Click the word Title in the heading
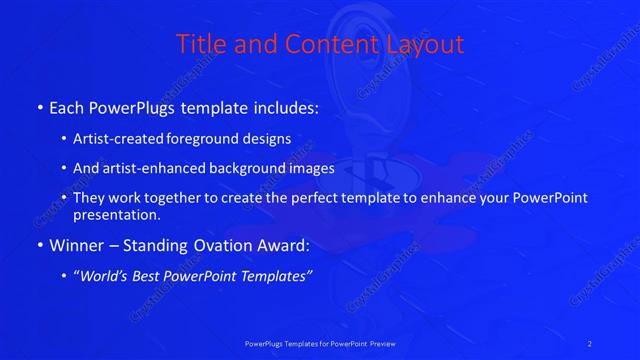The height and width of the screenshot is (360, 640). click(x=200, y=45)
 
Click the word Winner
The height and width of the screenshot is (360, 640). click(x=78, y=245)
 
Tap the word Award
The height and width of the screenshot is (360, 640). click(x=287, y=245)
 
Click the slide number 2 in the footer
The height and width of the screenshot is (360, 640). click(x=590, y=343)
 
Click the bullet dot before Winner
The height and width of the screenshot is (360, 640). click(x=39, y=246)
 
